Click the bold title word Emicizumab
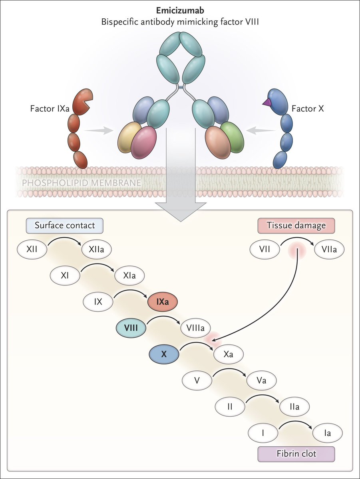[x=180, y=11]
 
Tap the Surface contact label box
[x=65, y=225]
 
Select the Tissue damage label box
[x=296, y=225]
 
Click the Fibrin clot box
[x=296, y=454]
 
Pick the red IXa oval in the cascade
[x=162, y=302]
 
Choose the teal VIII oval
[x=130, y=328]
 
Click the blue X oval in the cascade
[x=163, y=354]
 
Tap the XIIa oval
[x=96, y=250]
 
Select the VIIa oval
[x=328, y=250]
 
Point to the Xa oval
[x=229, y=354]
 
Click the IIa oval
[x=295, y=407]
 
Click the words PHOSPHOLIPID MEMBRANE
[x=80, y=183]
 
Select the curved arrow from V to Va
[x=231, y=372]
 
